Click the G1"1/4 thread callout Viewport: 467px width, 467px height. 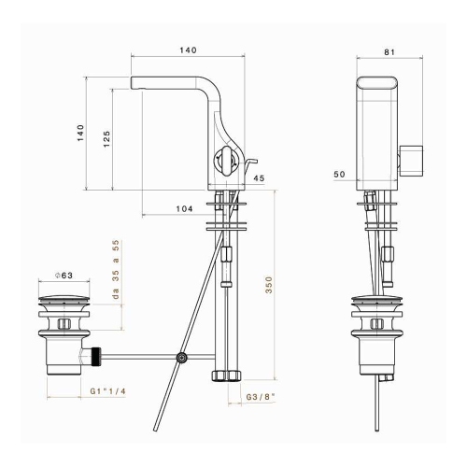coord(109,390)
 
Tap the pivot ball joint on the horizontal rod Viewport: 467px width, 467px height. coord(183,357)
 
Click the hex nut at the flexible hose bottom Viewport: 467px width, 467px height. coord(224,375)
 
